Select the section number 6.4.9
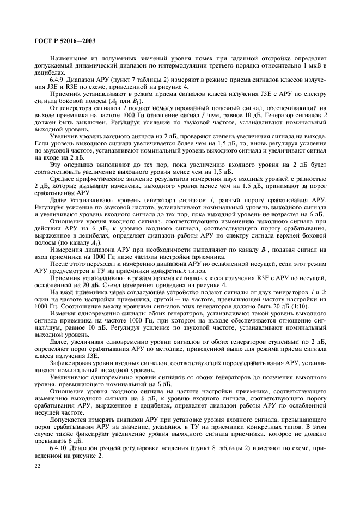[57, 78]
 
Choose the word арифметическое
[103, 178]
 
